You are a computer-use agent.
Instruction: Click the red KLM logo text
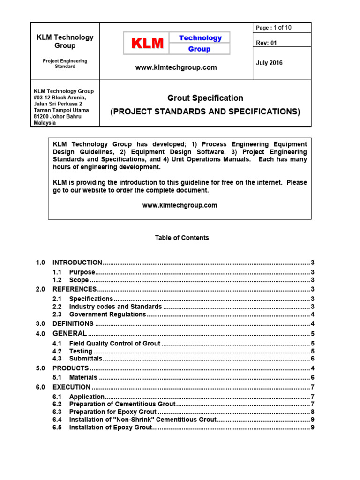148,44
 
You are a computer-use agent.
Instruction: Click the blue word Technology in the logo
200,38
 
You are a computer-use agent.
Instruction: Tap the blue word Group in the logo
199,49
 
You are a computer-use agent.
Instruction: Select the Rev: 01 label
266,43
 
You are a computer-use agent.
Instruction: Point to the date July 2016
269,63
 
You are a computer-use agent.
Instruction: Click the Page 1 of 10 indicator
274,28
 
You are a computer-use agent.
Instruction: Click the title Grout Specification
205,98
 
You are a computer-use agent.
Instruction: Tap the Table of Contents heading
182,238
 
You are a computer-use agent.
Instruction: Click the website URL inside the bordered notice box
180,205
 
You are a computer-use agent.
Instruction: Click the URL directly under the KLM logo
176,67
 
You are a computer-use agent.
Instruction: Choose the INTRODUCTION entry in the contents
77,262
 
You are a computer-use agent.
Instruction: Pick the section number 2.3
57,315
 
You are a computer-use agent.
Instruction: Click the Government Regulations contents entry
108,315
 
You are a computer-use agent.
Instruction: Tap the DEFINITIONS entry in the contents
73,323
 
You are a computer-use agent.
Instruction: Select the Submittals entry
85,359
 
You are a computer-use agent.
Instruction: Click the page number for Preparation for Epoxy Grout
312,412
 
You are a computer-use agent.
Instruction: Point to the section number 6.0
40,387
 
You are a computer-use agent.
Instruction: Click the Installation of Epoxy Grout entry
111,427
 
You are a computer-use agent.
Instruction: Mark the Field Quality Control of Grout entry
115,344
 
